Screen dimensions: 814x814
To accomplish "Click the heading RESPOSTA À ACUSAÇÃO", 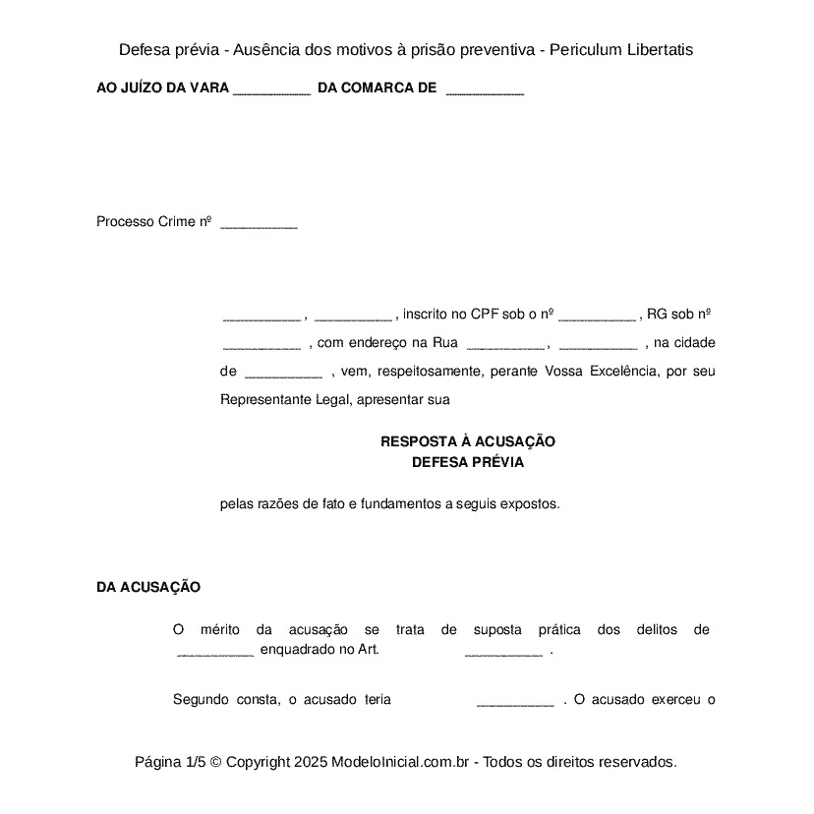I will [468, 441].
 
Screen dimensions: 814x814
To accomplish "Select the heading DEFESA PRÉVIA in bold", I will [468, 461].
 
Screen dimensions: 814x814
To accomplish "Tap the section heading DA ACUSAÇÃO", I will [148, 587].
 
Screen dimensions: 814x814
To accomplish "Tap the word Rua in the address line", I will [445, 342].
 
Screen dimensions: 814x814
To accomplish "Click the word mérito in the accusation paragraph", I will [220, 629].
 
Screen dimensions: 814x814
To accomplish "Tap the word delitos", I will [657, 629].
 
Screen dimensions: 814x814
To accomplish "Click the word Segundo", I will [201, 699].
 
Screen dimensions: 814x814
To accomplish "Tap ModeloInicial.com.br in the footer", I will [403, 761].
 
